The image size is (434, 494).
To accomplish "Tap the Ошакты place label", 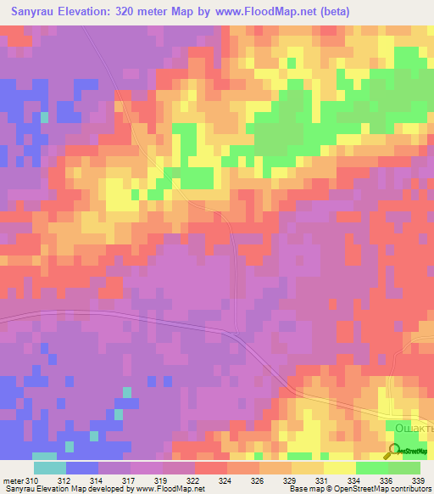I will (415, 429).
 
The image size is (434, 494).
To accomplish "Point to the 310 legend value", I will (32, 480).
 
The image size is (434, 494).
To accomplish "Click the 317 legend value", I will (131, 480).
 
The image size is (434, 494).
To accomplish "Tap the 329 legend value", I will (292, 480).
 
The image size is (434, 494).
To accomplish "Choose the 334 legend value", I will (356, 480).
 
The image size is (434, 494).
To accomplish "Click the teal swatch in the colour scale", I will (50, 468).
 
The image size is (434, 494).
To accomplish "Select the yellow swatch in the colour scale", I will (339, 468).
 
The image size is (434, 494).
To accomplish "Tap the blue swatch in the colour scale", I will (82, 468).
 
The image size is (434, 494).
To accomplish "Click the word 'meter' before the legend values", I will (12, 480).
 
